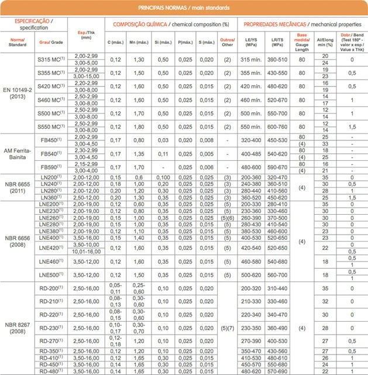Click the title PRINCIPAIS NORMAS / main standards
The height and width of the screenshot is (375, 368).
coord(184,8)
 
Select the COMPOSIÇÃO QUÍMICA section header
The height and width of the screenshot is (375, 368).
coord(170,25)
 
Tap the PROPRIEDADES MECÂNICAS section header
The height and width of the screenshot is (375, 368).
coord(301,25)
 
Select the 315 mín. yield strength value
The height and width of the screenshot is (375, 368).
coord(250,59)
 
